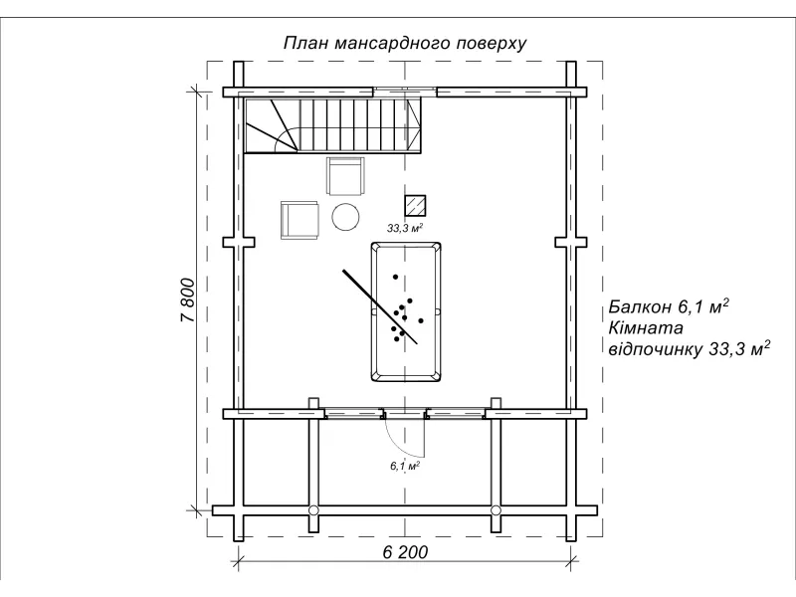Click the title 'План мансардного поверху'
404,43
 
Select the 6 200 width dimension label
404,553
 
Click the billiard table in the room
405,311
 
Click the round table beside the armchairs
345,216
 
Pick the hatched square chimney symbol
415,204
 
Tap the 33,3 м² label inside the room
406,228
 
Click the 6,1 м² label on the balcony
403,465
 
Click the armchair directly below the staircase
345,177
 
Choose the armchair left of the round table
299,219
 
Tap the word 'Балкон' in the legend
643,306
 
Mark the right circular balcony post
495,510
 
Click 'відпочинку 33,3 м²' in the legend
689,348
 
